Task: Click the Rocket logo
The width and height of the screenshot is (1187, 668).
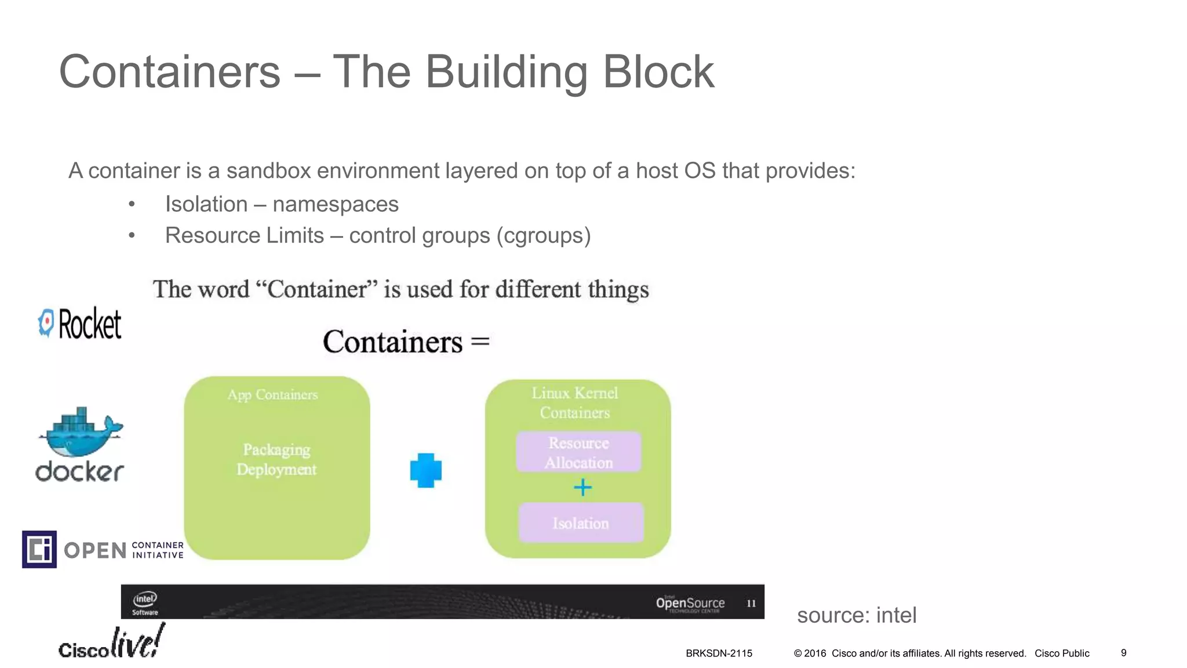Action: coord(80,323)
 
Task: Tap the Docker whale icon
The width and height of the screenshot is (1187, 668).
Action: coord(80,432)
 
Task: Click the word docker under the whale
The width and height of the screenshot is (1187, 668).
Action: coord(80,471)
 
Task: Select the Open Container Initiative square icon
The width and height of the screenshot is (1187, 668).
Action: coord(39,549)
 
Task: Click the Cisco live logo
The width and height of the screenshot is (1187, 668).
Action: coord(111,642)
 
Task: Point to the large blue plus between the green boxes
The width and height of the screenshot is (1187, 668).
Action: coord(426,470)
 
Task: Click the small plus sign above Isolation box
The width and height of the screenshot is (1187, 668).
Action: coord(582,487)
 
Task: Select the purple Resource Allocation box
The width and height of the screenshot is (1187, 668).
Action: coord(578,452)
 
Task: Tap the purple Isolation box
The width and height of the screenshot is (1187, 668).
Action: coord(581,523)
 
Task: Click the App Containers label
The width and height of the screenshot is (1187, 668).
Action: coord(272,395)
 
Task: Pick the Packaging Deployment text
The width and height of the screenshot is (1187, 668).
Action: coord(276,459)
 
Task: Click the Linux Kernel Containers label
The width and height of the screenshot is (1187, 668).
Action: coord(575,402)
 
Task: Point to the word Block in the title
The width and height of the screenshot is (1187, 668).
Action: coord(658,72)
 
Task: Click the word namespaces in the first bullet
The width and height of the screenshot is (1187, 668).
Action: coord(335,204)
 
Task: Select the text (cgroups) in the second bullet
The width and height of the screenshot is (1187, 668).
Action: coord(544,235)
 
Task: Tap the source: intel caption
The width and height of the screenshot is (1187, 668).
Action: coord(857,615)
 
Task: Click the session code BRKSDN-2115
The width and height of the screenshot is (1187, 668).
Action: coord(719,654)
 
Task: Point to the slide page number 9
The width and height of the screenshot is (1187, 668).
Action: coord(1123,653)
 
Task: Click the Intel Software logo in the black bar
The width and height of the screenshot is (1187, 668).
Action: coord(145,602)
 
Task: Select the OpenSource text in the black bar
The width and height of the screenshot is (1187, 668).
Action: coord(690,603)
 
